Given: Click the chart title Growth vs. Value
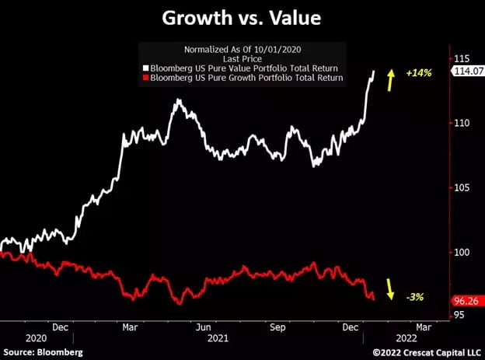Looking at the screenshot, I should [242, 17].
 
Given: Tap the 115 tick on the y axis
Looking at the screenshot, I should [463, 59].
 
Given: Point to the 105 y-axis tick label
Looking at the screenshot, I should [463, 187].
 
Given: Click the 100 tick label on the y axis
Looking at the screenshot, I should [463, 252].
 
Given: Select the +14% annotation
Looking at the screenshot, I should [419, 73].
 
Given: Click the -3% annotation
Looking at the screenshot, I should [416, 296].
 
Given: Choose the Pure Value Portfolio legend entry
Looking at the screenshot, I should [243, 68].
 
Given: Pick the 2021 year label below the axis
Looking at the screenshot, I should [218, 339].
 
